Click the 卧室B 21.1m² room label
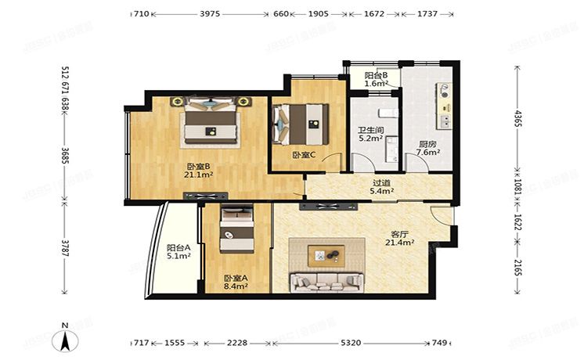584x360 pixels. tap(199, 171)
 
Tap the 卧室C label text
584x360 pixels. tap(304, 155)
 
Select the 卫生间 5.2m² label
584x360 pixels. tap(371, 135)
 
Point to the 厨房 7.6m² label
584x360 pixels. tap(428, 148)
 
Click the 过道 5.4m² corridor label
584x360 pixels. tap(382, 187)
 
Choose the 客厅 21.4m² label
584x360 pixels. tap(400, 239)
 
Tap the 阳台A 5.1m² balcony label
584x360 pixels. tap(178, 252)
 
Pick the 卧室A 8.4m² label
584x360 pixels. tap(236, 283)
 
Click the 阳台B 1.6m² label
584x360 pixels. tap(377, 79)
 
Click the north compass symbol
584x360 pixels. tap(65, 338)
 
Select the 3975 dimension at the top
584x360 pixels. tap(210, 14)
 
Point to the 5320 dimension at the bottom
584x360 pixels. tap(351, 343)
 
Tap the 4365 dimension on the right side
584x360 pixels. tap(517, 118)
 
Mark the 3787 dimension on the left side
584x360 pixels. tap(65, 248)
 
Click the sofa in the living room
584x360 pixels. tap(327, 283)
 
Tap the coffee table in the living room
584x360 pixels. tap(326, 256)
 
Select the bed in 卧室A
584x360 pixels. tap(237, 230)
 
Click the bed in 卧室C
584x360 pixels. tap(301, 124)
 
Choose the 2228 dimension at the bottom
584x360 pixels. tap(237, 343)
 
